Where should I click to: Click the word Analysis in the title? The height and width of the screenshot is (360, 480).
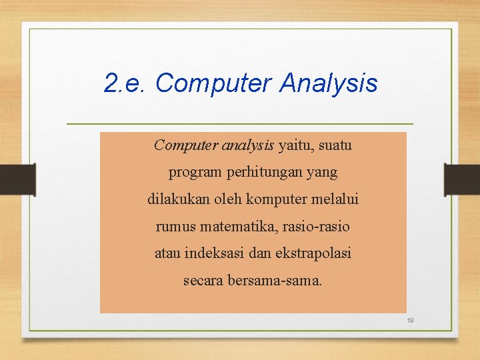pyautogui.click(x=329, y=84)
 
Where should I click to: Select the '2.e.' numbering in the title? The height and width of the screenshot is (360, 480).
pyautogui.click(x=126, y=84)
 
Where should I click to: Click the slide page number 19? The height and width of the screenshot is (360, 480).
pyautogui.click(x=411, y=321)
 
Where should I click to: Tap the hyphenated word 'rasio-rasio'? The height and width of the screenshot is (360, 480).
pyautogui.click(x=317, y=227)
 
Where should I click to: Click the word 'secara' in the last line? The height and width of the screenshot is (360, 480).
pyautogui.click(x=203, y=281)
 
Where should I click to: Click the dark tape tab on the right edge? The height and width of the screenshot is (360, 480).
pyautogui.click(x=462, y=179)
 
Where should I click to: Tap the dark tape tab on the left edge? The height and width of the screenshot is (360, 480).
pyautogui.click(x=17, y=179)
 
